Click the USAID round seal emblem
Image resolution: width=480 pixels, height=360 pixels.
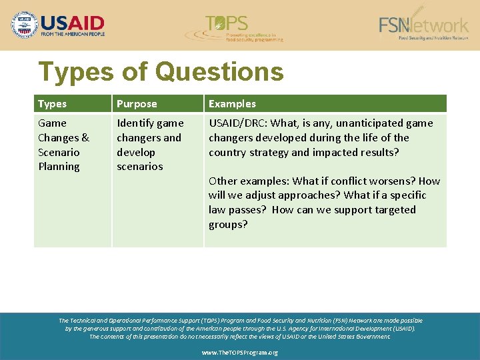tap(25, 25)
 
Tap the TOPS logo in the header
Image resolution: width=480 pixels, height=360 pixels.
tap(235, 28)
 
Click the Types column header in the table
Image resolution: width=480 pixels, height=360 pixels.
tap(52, 104)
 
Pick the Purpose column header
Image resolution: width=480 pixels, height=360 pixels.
tap(137, 104)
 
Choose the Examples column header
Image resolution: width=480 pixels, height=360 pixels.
tap(232, 104)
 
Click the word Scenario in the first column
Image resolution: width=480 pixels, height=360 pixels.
tap(59, 152)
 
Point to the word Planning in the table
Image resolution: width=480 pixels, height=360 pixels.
tap(59, 167)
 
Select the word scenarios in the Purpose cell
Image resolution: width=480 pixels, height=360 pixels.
tap(139, 167)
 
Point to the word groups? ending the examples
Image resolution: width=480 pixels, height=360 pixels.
tap(228, 225)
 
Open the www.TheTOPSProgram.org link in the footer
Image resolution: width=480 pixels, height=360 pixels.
tap(240, 352)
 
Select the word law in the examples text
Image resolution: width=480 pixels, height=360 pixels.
tap(217, 210)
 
